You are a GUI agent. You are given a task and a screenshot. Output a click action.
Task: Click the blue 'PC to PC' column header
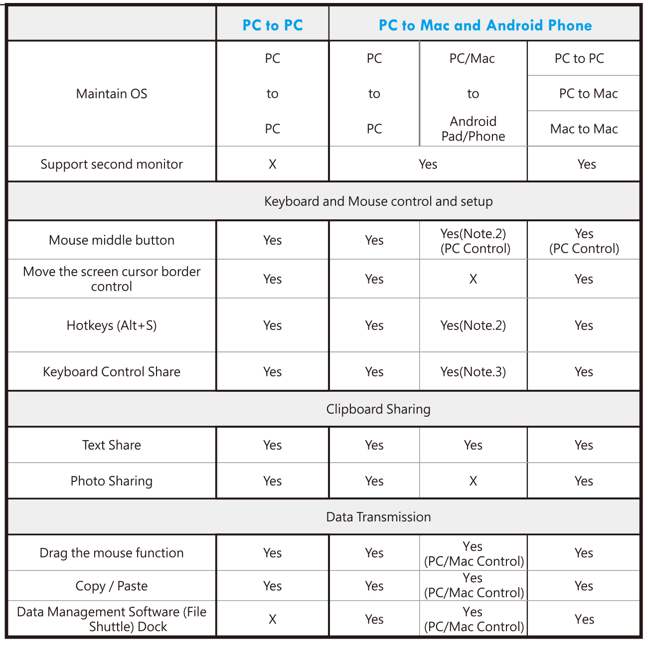coord(273,25)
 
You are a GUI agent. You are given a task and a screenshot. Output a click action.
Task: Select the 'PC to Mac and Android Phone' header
coord(485,25)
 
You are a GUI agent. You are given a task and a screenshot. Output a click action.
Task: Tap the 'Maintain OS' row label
coord(112,94)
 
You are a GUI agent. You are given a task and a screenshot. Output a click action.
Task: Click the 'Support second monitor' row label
coord(112,164)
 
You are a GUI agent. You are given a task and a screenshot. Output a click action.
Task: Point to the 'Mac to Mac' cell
coord(584,129)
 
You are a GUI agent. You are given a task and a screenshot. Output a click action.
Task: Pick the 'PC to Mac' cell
coord(588,93)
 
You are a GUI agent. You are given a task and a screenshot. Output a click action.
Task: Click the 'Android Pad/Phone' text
coord(473,129)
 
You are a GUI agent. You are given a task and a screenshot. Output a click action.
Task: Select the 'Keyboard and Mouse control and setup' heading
coord(378,201)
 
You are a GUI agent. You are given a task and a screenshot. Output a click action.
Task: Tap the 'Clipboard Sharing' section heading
coord(378,409)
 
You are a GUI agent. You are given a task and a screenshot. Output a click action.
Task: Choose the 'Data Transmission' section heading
coord(378,517)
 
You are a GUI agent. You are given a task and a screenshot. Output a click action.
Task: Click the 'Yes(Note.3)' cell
coord(473,372)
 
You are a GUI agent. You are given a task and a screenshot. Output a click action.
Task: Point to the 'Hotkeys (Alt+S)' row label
coord(112,325)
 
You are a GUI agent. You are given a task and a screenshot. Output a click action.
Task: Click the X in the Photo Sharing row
coord(473,481)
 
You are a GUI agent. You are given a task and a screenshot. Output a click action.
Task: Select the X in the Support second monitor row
coord(273,164)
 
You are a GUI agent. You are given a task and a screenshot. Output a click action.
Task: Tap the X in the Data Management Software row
coord(273,619)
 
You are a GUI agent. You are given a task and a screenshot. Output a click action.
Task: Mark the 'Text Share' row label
coord(112,445)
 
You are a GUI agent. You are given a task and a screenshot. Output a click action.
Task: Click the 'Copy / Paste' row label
coord(112,586)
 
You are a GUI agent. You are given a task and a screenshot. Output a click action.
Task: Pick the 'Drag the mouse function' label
coord(112,553)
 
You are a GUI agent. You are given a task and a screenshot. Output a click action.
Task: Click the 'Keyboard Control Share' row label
coord(112,372)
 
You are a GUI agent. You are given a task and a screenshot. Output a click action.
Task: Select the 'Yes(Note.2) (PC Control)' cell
coord(475,241)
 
